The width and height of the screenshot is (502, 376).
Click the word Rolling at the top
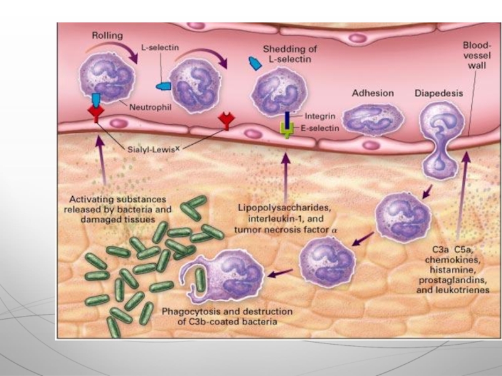coord(107,36)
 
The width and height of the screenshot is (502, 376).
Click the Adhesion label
coord(373,93)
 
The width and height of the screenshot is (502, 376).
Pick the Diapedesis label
coord(439,93)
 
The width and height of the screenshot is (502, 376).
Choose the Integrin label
coord(321,116)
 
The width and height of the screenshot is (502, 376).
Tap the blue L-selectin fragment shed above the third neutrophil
coord(255,63)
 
